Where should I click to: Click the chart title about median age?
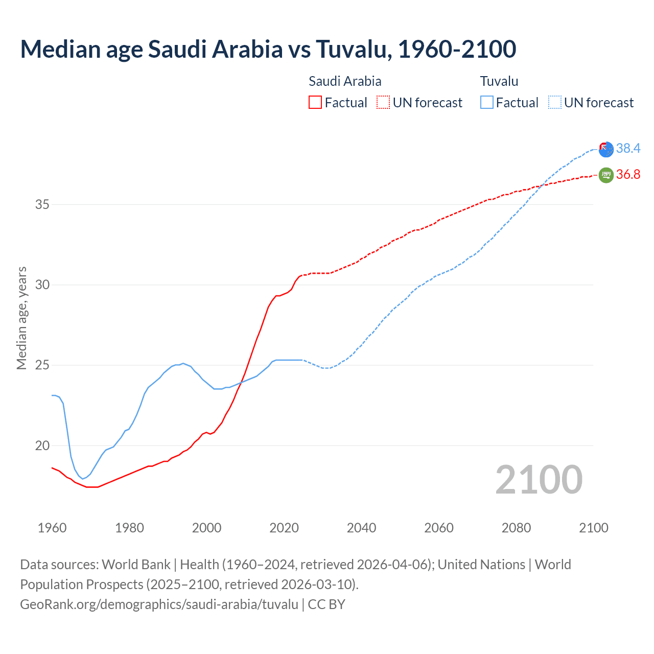268,49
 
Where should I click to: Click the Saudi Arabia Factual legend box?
315,102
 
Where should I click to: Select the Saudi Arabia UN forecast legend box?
383,102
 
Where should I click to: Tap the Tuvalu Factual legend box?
487,102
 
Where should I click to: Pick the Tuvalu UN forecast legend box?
554,102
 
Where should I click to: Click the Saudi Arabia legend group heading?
345,81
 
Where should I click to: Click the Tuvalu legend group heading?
499,81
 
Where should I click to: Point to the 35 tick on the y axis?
42,205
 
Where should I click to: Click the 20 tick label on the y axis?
42,446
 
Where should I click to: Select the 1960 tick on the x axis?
52,528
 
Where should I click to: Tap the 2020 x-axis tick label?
284,528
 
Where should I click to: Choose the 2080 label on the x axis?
516,528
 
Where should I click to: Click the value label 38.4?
628,148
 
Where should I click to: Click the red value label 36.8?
628,175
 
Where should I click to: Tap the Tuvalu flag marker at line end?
606,149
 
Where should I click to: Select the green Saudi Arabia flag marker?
606,175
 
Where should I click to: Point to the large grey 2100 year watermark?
539,479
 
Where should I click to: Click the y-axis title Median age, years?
21,318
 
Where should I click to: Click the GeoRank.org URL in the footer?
159,604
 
